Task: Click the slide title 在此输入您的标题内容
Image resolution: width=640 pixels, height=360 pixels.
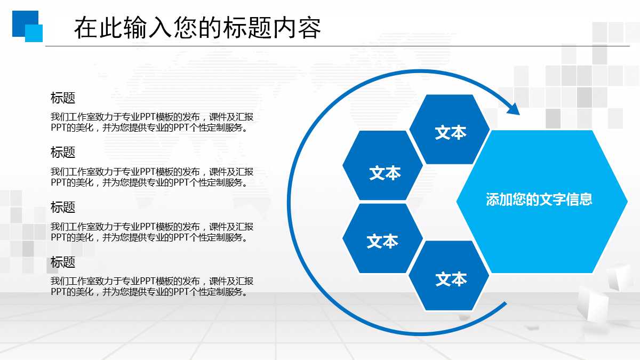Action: click(x=197, y=28)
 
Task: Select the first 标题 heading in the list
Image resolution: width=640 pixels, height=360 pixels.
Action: click(x=63, y=98)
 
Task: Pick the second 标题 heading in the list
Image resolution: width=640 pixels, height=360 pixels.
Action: click(x=63, y=152)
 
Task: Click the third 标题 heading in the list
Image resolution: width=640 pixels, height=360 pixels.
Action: click(x=63, y=207)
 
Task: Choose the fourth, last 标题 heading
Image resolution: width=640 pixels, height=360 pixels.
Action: click(x=63, y=262)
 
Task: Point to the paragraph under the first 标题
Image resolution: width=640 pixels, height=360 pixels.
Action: click(x=152, y=122)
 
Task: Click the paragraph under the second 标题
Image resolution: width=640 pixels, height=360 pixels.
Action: click(x=152, y=177)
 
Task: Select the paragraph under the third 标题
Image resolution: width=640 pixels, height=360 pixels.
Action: click(x=152, y=231)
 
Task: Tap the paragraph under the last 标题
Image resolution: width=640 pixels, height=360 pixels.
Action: click(x=152, y=286)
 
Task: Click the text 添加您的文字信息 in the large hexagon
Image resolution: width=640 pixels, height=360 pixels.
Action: click(x=539, y=200)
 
